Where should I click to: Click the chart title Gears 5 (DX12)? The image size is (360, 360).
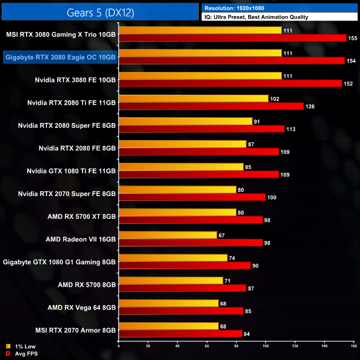100,11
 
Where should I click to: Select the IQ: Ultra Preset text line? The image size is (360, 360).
256,17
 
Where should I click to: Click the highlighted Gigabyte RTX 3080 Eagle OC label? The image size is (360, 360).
60,57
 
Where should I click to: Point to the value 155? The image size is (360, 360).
353,38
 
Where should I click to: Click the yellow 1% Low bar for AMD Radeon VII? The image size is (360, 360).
168,235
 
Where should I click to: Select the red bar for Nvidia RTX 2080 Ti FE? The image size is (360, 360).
211,106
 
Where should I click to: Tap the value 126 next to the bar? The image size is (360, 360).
311,106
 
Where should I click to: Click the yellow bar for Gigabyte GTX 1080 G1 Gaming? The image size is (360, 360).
173,258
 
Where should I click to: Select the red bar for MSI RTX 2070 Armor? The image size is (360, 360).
181,333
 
